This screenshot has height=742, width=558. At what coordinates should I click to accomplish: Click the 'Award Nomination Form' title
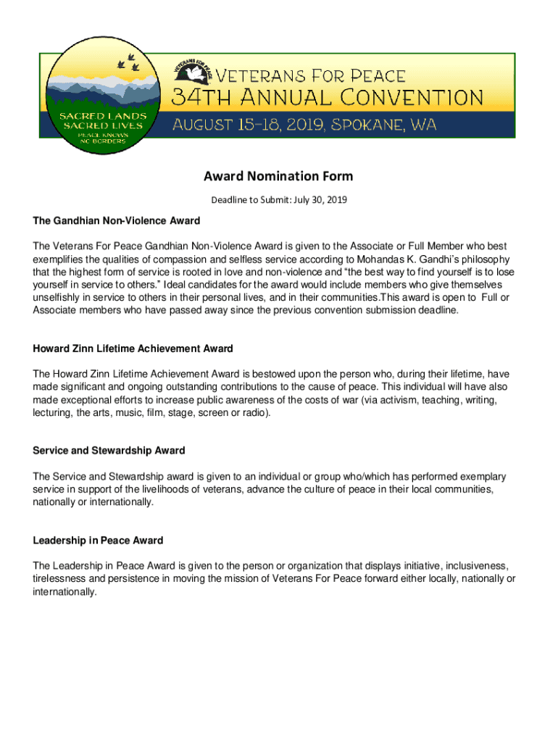point(278,176)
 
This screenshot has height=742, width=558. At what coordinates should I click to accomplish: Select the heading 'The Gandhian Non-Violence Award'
point(116,220)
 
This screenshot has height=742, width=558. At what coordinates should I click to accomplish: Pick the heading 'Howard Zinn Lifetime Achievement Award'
point(133,349)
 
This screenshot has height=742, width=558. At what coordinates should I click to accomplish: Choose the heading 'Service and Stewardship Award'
point(109,451)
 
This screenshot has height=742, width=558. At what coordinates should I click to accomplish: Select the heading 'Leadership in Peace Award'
point(98,541)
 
